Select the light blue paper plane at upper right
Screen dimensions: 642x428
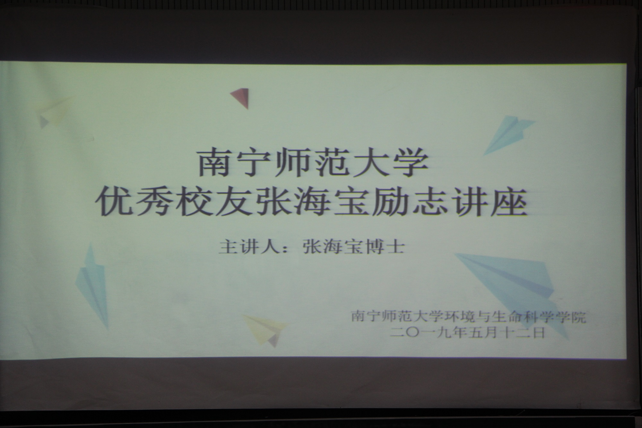pyautogui.click(x=509, y=135)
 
